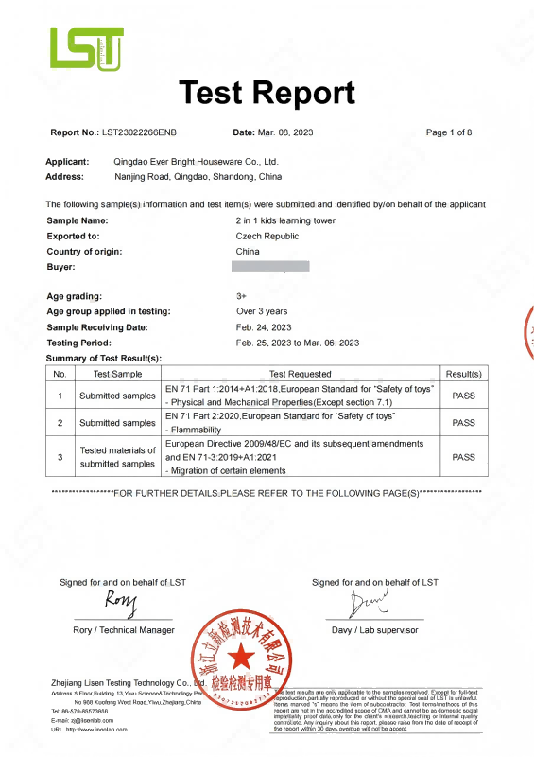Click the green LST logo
(87, 48)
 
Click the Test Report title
(267, 93)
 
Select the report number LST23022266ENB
(139, 132)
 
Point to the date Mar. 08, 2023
(286, 132)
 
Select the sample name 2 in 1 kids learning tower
(284, 220)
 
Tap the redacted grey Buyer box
(270, 267)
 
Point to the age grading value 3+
(242, 296)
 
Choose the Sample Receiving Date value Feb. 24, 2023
(264, 326)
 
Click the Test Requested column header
(301, 374)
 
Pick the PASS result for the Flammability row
(464, 423)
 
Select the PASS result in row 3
(464, 457)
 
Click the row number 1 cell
(60, 396)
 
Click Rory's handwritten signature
(121, 604)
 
